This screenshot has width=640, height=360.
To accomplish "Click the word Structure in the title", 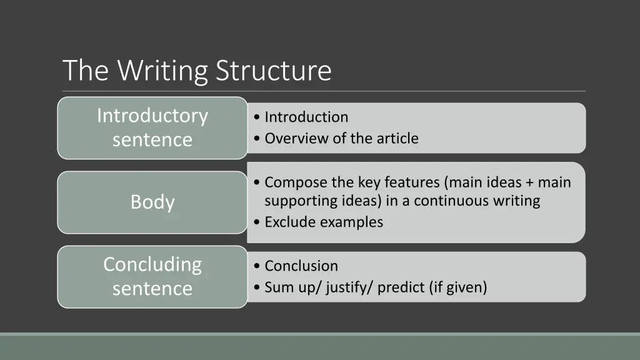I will [274, 71].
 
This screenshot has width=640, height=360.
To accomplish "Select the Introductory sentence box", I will [152, 127].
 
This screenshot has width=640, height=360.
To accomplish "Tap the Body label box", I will [152, 202].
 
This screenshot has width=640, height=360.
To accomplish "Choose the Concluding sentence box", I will [152, 276].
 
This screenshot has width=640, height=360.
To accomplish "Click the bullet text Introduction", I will [306, 117].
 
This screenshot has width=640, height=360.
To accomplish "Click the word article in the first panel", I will [397, 138].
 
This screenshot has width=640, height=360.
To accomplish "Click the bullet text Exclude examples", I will [324, 222].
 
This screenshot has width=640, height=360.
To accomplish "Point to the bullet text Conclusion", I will [301, 266].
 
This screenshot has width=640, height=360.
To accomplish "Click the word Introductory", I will [152, 116].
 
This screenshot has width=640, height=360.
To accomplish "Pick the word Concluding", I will [152, 264].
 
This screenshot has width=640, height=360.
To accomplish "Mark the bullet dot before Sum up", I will [258, 287].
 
